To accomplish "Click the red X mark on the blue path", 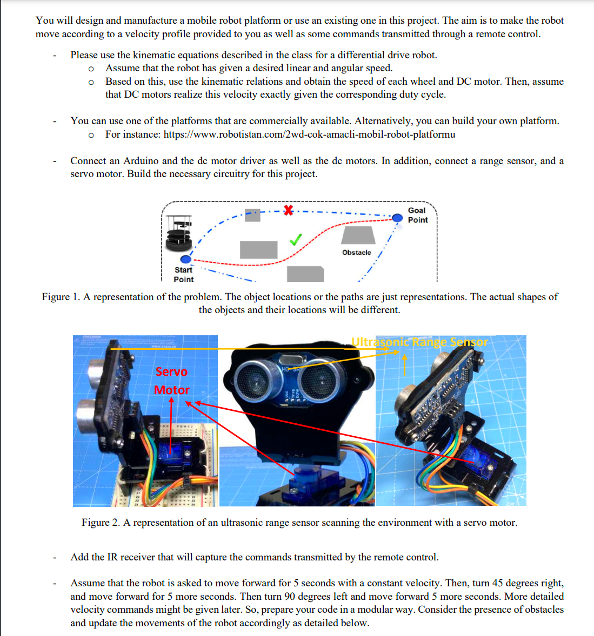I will pos(289,210).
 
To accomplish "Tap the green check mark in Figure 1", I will pos(295,239).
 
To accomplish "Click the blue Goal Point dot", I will pos(397,218).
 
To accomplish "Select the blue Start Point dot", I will pos(186,260).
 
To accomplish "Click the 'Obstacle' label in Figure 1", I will pos(356,252).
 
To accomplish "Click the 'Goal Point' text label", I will pos(417,215).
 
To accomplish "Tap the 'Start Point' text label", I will pos(183,274).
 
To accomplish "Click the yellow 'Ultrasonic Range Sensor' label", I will pos(419,342).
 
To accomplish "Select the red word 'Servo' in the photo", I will pos(171,371).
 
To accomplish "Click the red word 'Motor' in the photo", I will pos(172,390).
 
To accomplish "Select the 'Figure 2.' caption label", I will pos(101,523).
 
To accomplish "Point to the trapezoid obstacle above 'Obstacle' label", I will pos(358,235).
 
